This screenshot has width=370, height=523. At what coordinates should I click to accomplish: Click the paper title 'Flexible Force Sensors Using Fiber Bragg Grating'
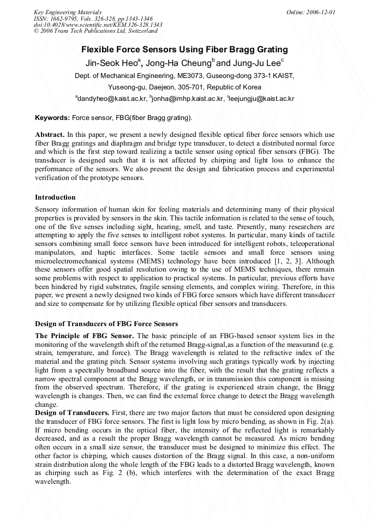(x=184, y=50)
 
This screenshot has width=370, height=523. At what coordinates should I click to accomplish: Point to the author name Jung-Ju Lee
(x=256, y=63)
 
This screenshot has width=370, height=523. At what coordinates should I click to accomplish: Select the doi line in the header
(x=98, y=25)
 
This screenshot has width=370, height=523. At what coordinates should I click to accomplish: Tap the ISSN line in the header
(x=93, y=19)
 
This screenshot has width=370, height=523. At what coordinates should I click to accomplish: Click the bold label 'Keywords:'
(x=52, y=117)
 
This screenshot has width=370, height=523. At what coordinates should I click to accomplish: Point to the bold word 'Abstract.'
(x=50, y=134)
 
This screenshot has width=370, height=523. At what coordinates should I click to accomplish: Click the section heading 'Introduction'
(x=55, y=197)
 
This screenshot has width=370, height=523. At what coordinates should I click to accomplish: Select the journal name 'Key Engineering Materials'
(x=67, y=12)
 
